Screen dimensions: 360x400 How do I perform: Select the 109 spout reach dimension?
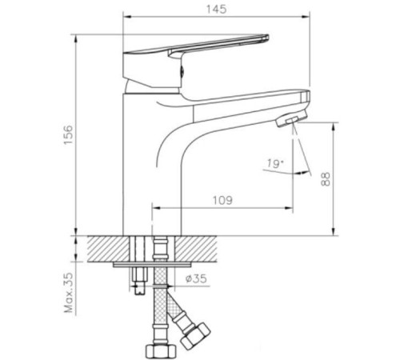[223, 200]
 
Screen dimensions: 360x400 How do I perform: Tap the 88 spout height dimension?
[326, 179]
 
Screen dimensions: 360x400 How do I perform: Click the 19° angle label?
[271, 165]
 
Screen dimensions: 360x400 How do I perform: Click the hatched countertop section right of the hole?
[200, 247]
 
